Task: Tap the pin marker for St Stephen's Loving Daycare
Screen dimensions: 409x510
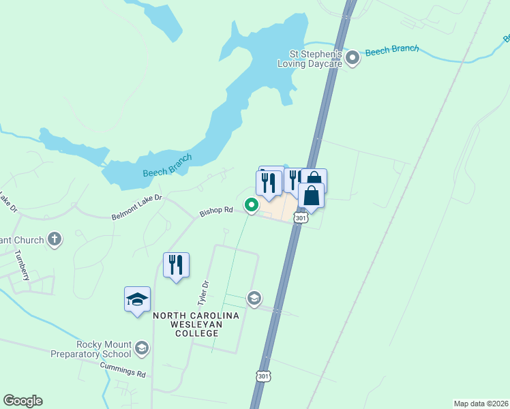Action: (x=352, y=59)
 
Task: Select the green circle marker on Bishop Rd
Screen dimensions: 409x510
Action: (x=251, y=204)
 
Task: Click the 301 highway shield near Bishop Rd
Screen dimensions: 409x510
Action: (x=301, y=217)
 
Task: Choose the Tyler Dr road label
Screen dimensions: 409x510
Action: (x=202, y=292)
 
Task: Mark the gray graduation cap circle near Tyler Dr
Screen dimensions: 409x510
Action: (x=254, y=298)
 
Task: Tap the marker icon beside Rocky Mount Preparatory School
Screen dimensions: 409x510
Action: (x=142, y=348)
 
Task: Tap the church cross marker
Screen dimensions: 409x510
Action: (x=55, y=239)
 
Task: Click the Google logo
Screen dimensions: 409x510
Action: (x=22, y=401)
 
